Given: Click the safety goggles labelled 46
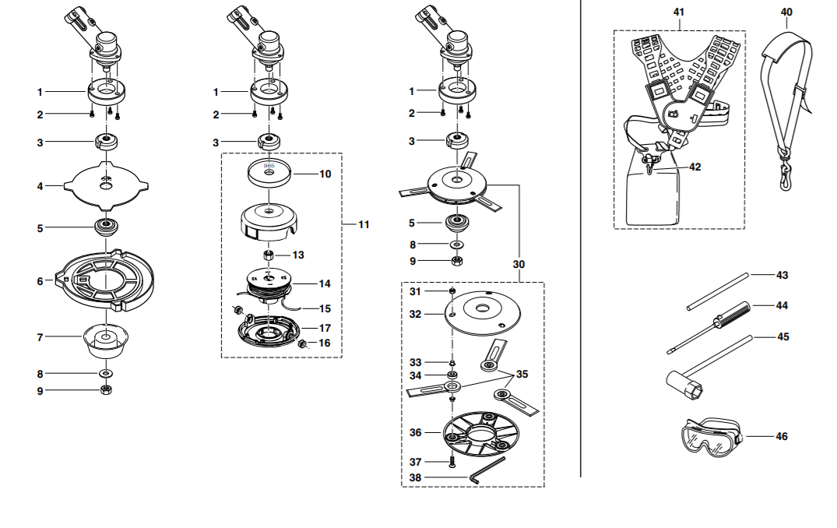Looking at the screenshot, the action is click(711, 437).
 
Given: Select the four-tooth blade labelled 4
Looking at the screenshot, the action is click(106, 185).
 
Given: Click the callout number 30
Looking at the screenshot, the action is click(519, 264).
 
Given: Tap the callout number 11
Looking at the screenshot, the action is click(364, 225).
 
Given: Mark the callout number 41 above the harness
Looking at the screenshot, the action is click(678, 12).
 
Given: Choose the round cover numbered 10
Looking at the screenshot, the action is click(269, 172).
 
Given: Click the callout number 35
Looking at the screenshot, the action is click(522, 375).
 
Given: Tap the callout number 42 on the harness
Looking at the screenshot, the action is click(695, 167).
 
